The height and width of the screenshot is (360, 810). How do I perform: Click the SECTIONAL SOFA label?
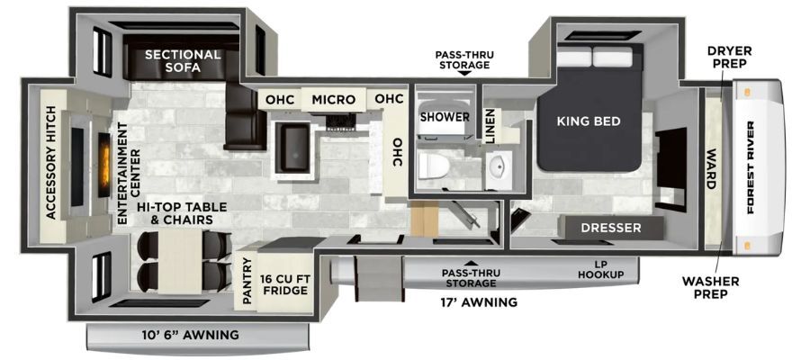click(x=183, y=60)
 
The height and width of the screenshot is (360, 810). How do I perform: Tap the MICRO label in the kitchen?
click(x=333, y=99)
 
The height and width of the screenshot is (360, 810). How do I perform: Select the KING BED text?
click(x=589, y=121)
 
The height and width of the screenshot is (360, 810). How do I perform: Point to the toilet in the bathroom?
click(x=434, y=166)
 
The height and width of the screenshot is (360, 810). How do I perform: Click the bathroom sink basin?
click(x=499, y=166)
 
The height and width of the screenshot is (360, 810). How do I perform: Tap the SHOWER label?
click(x=445, y=117)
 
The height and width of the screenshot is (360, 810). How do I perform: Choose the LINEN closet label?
click(x=490, y=126)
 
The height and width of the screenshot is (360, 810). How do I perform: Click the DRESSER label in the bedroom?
click(x=610, y=228)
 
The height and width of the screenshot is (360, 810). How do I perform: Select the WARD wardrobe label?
click(x=711, y=169)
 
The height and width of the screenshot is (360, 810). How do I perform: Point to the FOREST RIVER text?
click(x=750, y=166)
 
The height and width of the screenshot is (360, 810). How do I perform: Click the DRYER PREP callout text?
click(x=729, y=58)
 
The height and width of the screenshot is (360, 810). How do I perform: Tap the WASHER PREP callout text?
click(x=710, y=288)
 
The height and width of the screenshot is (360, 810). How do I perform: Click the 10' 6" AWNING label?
click(x=191, y=335)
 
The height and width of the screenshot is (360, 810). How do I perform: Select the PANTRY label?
click(x=247, y=281)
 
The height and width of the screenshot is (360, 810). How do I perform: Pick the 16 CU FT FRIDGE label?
click(x=285, y=284)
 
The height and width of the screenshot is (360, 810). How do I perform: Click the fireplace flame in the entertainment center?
click(x=104, y=165)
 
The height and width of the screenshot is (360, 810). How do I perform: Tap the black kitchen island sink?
click(x=292, y=148)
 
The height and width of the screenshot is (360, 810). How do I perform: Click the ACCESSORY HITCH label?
click(x=50, y=163)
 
